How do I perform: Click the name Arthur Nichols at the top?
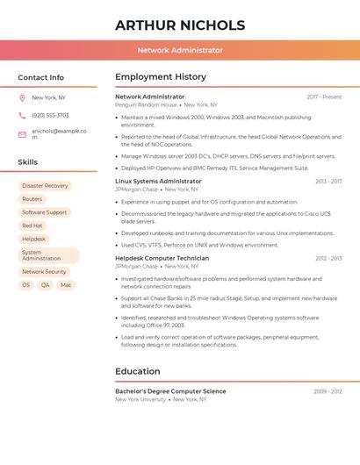[180, 25]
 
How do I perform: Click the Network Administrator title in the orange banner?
[180, 51]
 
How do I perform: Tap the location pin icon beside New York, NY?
[22, 98]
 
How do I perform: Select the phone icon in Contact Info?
[22, 115]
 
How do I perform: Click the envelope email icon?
[22, 134]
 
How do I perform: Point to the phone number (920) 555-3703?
[50, 115]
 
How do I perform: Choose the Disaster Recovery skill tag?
[45, 186]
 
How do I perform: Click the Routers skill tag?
[32, 199]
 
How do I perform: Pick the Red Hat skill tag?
[32, 225]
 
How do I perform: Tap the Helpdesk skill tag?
[34, 239]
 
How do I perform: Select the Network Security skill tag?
[44, 272]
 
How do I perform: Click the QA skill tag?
[45, 285]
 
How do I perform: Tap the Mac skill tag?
[66, 285]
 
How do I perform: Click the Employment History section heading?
[161, 77]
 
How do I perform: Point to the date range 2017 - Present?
[324, 97]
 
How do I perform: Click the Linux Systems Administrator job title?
[158, 181]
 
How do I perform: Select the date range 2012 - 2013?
[328, 258]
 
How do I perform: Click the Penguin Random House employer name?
[146, 104]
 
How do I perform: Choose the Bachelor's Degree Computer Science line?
[170, 391]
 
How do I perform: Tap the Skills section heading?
[28, 162]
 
